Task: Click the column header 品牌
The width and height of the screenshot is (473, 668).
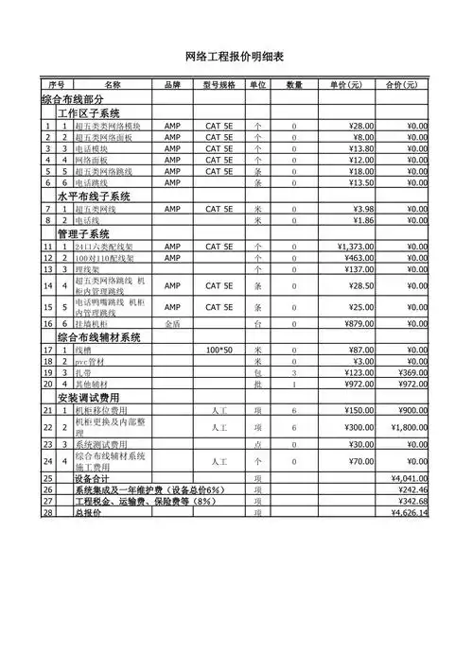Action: (x=172, y=85)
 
